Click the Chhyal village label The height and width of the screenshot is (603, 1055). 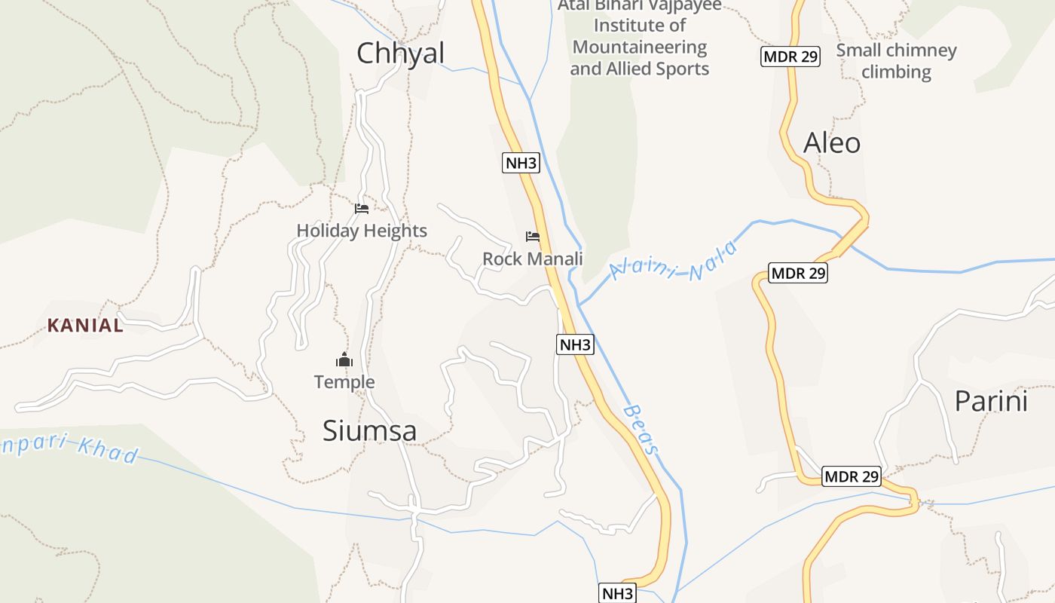point(400,54)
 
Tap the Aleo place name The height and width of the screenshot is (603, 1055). point(832,142)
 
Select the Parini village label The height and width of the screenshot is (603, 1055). point(991,401)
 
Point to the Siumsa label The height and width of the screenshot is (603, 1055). point(369,431)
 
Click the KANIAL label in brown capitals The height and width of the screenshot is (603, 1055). point(85,326)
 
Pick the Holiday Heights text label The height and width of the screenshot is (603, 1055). point(362,231)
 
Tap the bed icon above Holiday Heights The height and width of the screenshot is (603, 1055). point(362,209)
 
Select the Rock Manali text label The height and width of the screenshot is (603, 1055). point(533,259)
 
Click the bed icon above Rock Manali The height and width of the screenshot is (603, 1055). point(533,237)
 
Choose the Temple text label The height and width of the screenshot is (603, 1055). point(344,382)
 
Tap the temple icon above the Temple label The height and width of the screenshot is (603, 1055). point(344,360)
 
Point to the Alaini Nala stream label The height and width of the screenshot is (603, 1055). point(673,260)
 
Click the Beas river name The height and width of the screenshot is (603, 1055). point(641,430)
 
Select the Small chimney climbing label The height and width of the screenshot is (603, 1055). point(896,61)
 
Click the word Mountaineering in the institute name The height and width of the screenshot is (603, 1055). point(640,47)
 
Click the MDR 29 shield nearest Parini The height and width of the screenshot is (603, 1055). point(852,476)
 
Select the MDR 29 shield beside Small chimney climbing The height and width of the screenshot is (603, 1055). point(790,57)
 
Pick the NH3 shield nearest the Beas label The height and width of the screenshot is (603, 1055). point(576,345)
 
